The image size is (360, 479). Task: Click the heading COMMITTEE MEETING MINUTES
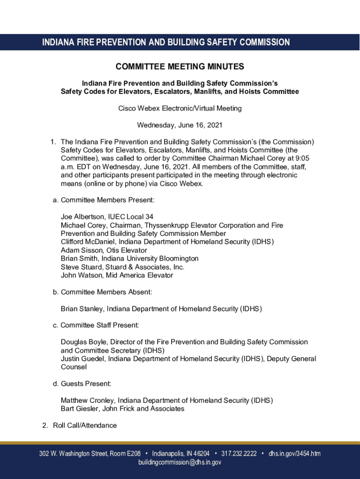click(x=180, y=67)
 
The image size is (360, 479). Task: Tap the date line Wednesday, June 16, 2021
click(x=180, y=125)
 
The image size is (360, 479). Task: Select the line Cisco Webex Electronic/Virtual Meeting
click(x=180, y=109)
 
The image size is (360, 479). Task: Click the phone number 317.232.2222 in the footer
click(x=238, y=454)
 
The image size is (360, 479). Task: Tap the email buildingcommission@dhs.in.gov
click(x=180, y=463)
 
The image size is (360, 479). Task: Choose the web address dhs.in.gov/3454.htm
click(x=295, y=454)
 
